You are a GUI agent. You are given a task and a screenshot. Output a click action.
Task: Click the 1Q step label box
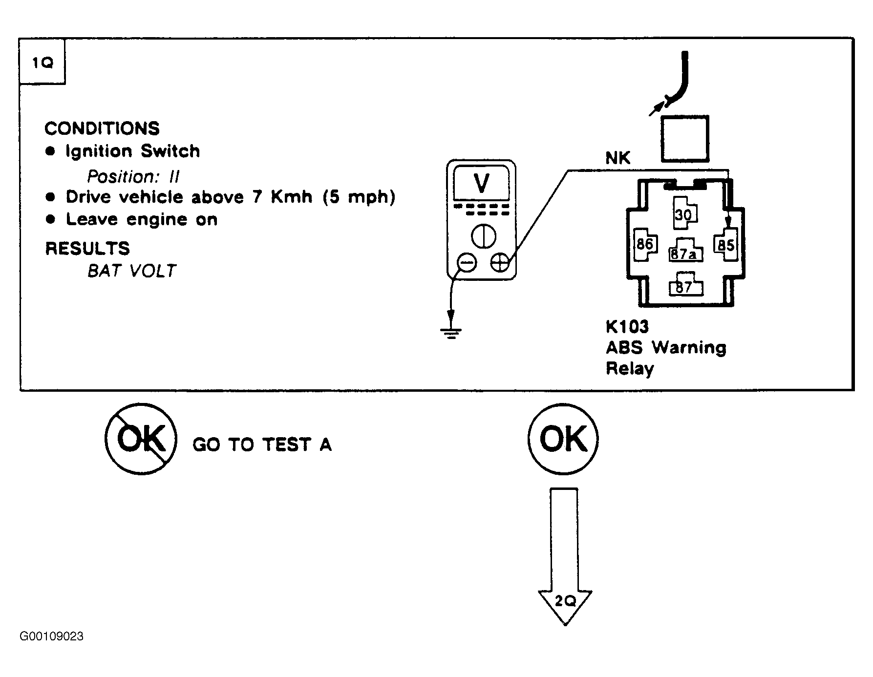[43, 62]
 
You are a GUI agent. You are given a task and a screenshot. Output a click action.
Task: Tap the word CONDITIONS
[102, 128]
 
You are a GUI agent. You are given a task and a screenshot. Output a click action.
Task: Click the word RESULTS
[87, 248]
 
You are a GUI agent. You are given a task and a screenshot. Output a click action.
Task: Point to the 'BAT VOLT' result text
[132, 271]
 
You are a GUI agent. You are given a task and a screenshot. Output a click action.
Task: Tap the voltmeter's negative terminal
[466, 263]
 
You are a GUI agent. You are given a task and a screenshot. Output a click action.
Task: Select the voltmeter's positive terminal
[500, 263]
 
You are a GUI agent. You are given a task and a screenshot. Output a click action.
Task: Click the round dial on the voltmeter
[483, 236]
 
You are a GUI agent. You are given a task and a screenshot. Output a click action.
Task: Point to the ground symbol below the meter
[450, 334]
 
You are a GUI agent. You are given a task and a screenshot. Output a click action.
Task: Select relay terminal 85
[726, 245]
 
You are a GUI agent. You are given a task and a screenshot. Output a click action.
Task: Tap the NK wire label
[618, 158]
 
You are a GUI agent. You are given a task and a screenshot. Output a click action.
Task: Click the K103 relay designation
[627, 326]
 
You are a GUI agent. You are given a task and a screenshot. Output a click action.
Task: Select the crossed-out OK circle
[141, 438]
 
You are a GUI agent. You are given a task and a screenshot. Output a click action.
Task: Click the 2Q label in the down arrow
[565, 601]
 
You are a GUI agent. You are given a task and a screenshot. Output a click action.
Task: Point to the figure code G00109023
[51, 636]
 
